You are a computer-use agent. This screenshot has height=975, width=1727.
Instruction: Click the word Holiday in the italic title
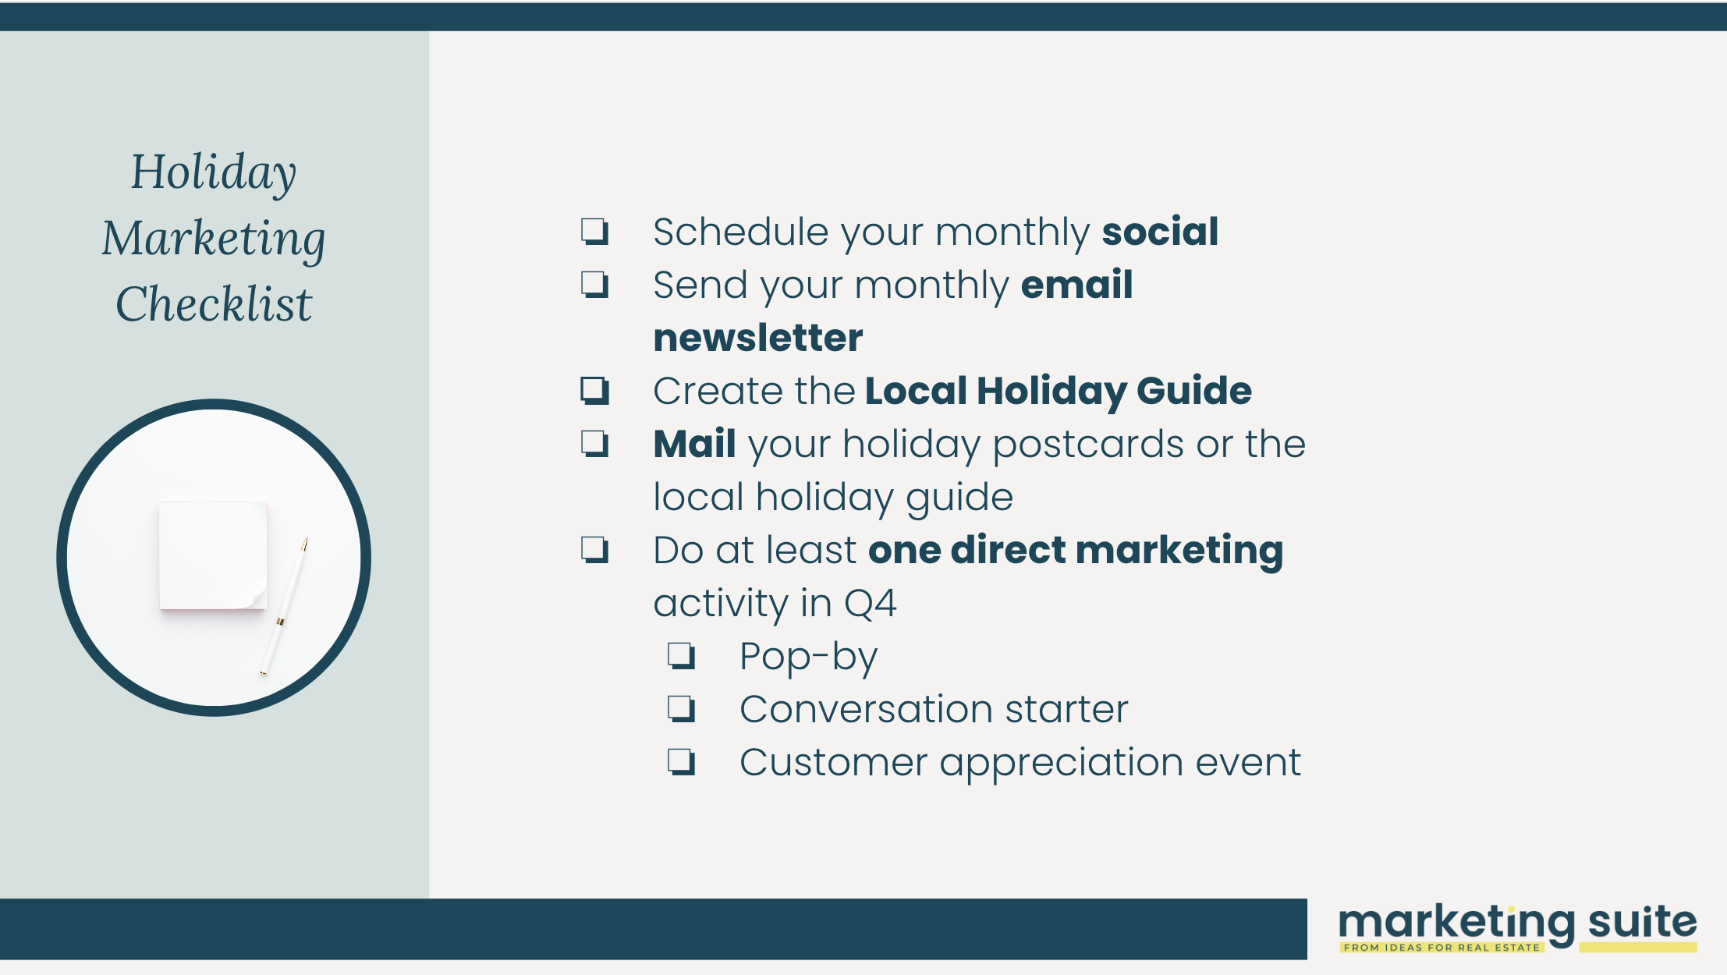click(214, 172)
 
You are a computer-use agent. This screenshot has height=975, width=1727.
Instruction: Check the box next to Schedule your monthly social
click(595, 232)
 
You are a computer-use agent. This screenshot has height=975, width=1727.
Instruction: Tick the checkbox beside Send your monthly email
click(595, 285)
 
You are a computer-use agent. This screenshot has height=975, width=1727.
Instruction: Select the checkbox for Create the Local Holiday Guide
click(595, 391)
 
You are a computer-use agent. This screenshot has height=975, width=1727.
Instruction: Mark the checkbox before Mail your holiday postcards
click(595, 444)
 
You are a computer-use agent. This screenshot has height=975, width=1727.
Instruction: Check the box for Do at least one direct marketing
click(595, 550)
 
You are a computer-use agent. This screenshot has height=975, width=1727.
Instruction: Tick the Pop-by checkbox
click(682, 656)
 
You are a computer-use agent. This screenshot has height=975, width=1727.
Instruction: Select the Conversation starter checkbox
click(682, 709)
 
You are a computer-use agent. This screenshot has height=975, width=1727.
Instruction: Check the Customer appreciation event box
click(682, 762)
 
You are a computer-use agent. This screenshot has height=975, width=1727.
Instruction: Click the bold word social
click(1160, 232)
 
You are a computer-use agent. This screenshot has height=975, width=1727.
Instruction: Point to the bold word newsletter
click(758, 338)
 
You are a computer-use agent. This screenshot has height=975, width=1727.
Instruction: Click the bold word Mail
click(695, 444)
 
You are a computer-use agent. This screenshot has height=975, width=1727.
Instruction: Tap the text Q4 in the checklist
click(871, 604)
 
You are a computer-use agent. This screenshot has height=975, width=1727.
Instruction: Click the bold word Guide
click(1194, 391)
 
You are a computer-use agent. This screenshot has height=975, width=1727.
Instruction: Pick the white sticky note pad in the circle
click(213, 555)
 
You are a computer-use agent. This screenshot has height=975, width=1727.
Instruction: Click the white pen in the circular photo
click(284, 606)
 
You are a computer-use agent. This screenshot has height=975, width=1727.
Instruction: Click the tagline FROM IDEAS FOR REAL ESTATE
click(1442, 948)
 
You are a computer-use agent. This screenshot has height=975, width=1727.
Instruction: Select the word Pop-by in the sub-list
click(809, 657)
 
